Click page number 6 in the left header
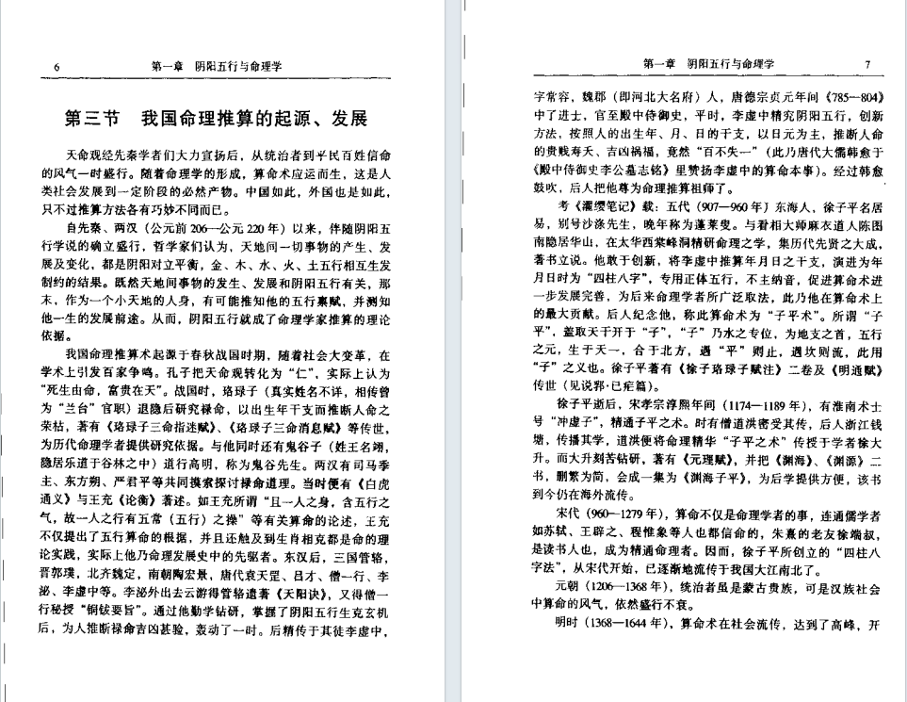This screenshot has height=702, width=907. point(57,66)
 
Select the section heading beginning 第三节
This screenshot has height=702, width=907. point(215,120)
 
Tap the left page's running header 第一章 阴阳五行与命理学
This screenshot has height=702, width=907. point(217,66)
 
